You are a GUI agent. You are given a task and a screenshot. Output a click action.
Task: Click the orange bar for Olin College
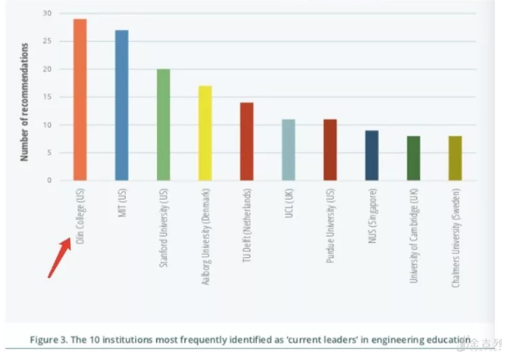[80, 99]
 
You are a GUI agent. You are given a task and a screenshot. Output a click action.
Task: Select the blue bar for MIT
[122, 105]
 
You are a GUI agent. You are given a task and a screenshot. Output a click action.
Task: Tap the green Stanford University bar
[164, 124]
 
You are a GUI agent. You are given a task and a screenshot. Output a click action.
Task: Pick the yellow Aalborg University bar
[205, 133]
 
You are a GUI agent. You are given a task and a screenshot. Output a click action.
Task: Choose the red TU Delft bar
[246, 141]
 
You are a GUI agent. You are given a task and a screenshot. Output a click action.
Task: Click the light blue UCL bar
[288, 150]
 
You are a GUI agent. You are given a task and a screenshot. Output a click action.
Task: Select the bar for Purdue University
[330, 150]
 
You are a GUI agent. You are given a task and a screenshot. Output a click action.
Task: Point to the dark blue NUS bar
[371, 155]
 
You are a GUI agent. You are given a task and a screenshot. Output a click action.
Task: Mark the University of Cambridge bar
[413, 158]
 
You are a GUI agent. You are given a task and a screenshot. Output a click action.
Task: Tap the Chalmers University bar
[455, 158]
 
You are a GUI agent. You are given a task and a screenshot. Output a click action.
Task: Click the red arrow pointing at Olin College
[58, 257]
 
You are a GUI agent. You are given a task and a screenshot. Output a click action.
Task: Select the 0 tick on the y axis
[49, 180]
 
